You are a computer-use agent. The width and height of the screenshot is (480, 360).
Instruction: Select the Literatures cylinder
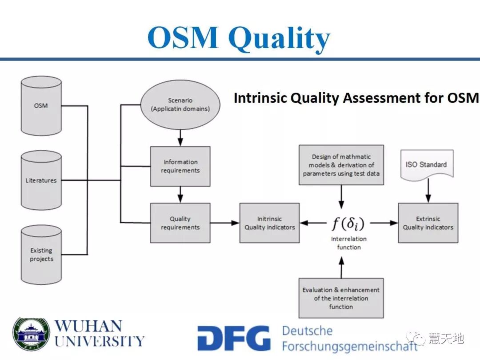[x=41, y=180]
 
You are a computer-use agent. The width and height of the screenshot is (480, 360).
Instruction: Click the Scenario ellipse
[x=180, y=105]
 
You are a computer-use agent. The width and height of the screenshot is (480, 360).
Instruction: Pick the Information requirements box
[x=180, y=166]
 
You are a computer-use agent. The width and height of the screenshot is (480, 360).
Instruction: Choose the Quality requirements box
[x=180, y=223]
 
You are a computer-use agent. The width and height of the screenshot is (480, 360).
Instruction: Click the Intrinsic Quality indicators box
[x=269, y=223]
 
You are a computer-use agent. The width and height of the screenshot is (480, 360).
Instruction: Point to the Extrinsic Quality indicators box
[x=428, y=223]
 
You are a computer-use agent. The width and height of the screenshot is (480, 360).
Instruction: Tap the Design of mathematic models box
[x=341, y=165]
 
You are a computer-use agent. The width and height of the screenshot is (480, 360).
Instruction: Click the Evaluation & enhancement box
[x=341, y=298]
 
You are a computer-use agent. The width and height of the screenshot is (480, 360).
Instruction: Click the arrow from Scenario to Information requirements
[x=180, y=137]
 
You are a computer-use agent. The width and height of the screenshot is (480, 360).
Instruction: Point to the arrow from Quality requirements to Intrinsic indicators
[x=225, y=223]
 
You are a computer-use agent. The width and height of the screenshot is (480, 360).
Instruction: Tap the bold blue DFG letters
[x=234, y=339]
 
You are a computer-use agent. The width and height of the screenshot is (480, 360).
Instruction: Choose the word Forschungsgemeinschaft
[x=349, y=347]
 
